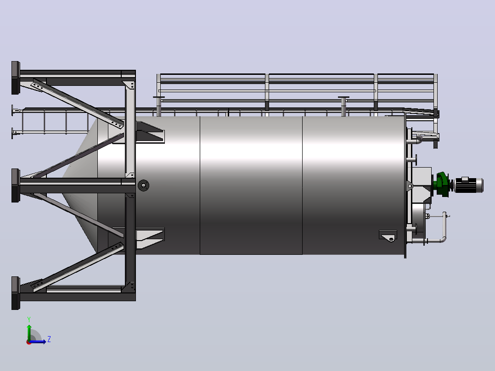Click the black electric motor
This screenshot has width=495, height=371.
(468, 185)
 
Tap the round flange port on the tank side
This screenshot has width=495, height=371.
(143, 185)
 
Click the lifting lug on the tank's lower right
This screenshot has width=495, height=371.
(388, 236)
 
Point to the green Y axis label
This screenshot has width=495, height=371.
(29, 320)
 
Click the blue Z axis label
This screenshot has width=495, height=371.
(49, 339)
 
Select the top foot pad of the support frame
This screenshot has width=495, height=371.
(16, 78)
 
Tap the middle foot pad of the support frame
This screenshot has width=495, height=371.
(16, 185)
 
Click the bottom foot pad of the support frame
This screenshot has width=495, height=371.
(16, 293)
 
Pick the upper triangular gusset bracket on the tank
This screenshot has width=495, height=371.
(150, 132)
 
